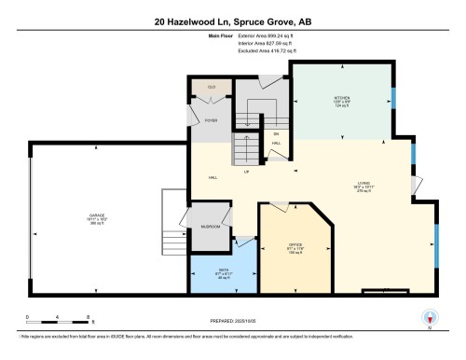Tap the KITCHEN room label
(x=340, y=98)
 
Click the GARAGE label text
(x=96, y=216)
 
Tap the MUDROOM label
(x=210, y=228)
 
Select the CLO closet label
(x=211, y=87)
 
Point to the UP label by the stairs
(x=245, y=171)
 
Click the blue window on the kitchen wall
(x=393, y=98)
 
